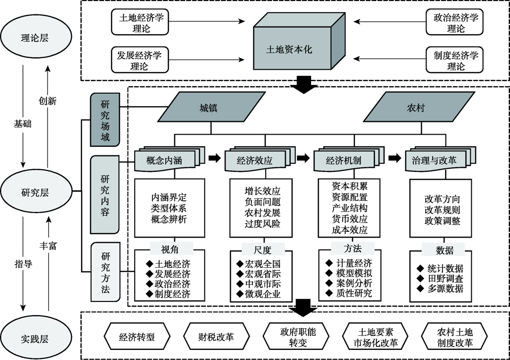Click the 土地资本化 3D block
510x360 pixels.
tap(289, 49)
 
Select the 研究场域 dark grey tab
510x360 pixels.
tap(104, 119)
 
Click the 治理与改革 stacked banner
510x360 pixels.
tap(434, 160)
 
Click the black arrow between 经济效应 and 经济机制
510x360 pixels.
tap(303, 158)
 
